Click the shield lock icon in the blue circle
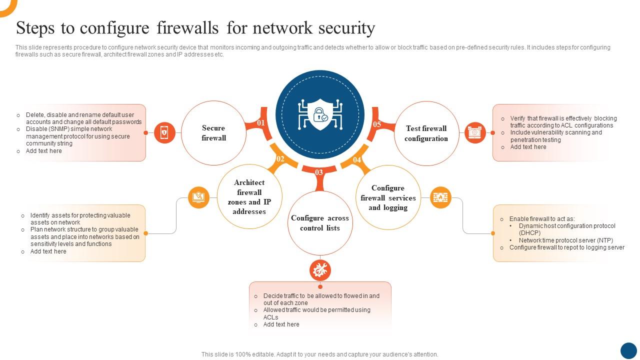tap(319, 114)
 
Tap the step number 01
tap(261, 123)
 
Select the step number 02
tap(280, 159)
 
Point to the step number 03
tap(319, 172)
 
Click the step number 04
tap(357, 160)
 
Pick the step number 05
tap(377, 124)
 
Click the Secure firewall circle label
tap(213, 133)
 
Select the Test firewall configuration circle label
tap(426, 133)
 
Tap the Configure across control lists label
tap(320, 223)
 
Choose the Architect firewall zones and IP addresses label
tap(249, 197)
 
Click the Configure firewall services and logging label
tap(388, 197)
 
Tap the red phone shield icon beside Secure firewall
tap(164, 132)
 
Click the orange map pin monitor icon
tap(198, 197)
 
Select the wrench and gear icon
tap(320, 270)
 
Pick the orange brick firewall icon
tap(440, 197)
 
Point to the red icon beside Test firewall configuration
tap(475, 132)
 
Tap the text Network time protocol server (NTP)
tap(565, 240)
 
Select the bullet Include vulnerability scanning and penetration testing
tap(556, 136)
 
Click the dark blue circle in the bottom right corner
tap(628, 350)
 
